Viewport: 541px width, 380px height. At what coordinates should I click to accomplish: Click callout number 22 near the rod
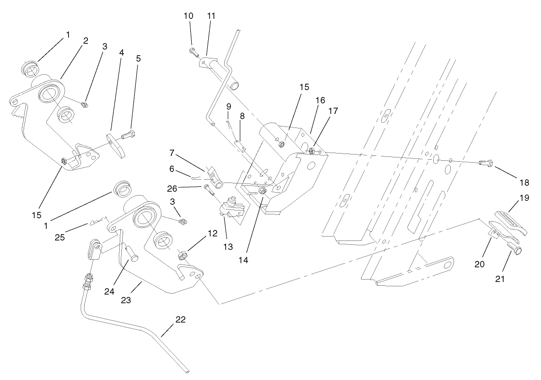[x=180, y=320]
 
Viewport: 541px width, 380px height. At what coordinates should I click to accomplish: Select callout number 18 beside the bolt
[x=525, y=183]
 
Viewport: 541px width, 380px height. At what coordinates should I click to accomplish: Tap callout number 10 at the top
[x=188, y=16]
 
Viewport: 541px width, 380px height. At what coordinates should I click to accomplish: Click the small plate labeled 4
[x=116, y=147]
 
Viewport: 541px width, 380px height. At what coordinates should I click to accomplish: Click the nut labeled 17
[x=312, y=152]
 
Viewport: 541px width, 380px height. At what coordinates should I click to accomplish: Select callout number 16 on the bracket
[x=320, y=100]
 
